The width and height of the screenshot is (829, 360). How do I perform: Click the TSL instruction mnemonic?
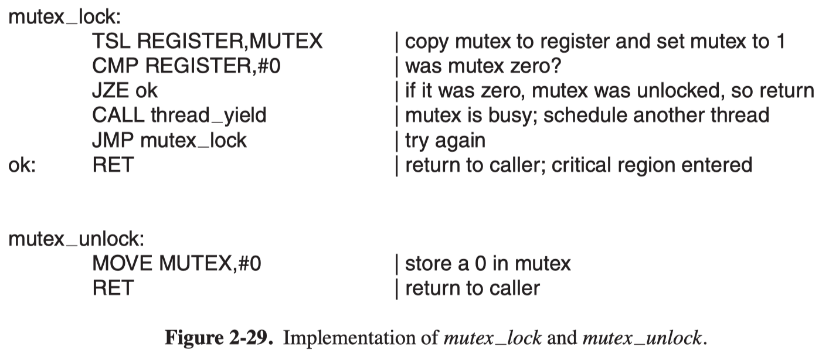point(111,40)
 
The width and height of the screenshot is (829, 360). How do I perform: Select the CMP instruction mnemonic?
point(115,66)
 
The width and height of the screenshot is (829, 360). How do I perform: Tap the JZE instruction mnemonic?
point(110,91)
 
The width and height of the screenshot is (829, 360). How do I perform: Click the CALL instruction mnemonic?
point(118,115)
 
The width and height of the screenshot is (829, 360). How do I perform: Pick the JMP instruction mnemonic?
point(113,140)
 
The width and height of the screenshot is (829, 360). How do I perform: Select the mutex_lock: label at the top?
point(64,17)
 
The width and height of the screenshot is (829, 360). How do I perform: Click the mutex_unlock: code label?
point(76,239)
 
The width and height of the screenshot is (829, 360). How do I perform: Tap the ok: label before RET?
point(22,165)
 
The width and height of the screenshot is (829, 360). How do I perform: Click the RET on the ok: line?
point(113,165)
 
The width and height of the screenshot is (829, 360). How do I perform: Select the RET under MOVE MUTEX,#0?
point(113,288)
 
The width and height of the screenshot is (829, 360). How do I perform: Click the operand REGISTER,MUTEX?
point(229,41)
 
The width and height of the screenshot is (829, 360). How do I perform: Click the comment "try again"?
point(445,141)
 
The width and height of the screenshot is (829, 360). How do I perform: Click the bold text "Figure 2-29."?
point(219,338)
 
